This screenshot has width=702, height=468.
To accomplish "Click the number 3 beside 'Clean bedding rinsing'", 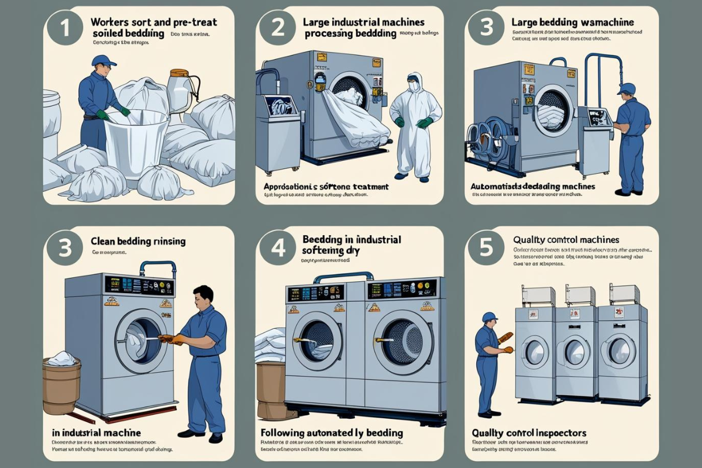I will pos(64,247).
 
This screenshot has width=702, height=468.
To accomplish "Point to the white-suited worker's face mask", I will pos(415,87).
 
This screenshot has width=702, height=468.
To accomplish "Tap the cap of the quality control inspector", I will pos(489,317).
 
